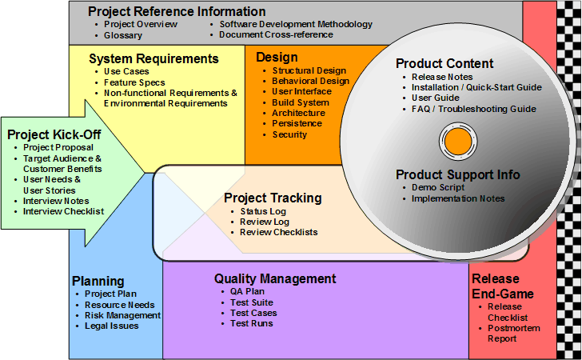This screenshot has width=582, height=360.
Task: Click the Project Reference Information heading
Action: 177,11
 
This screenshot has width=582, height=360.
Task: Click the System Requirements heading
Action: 153,58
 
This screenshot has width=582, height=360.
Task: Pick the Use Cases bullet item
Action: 126,71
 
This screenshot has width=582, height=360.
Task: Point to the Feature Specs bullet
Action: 134,82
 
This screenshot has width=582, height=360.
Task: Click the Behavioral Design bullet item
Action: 310,81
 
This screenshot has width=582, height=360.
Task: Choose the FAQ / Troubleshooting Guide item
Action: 473,109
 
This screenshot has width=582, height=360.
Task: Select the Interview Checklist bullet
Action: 63,211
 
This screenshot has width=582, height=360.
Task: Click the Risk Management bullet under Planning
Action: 122,315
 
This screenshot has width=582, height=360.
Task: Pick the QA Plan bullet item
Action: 247,291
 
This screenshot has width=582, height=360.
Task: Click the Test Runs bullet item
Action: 251,323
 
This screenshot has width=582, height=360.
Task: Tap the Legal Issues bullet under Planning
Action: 111,326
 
